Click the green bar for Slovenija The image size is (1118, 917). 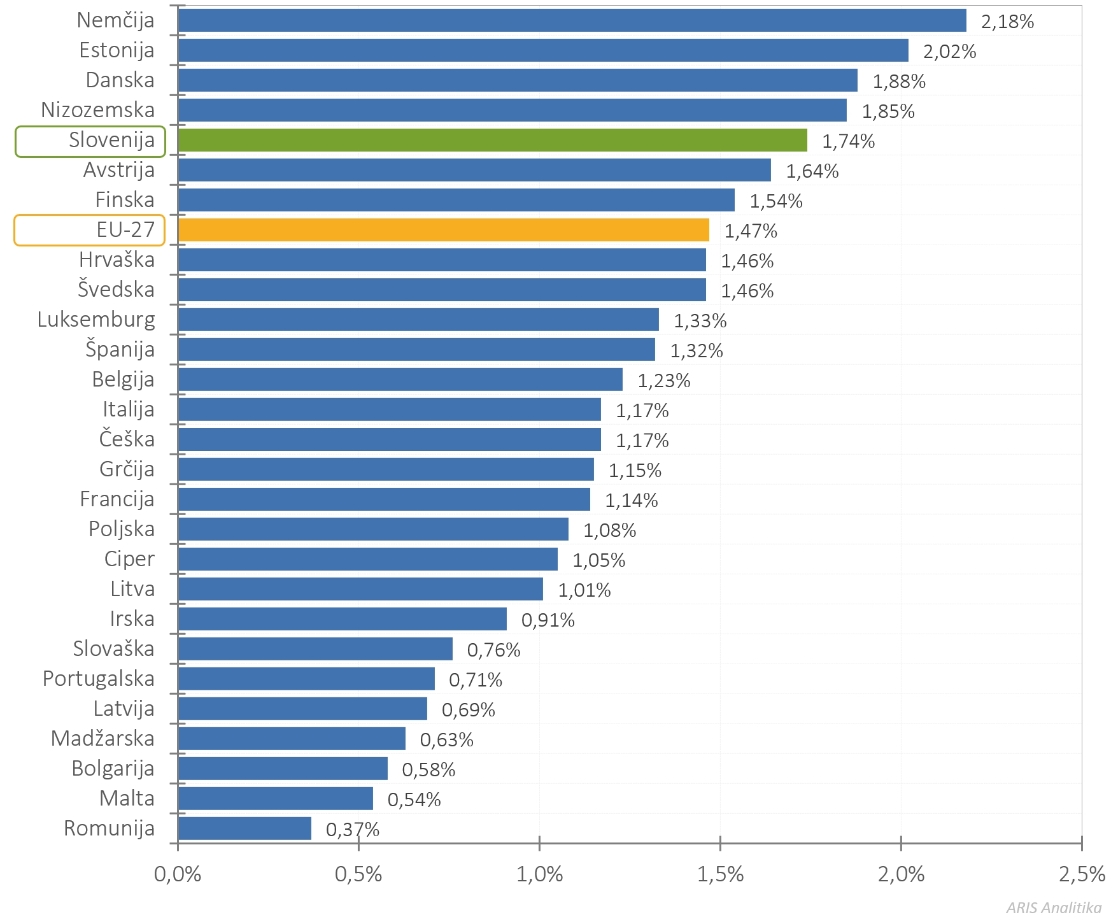coord(492,140)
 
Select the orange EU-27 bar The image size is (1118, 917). coord(443,230)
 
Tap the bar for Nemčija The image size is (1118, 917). coord(572,20)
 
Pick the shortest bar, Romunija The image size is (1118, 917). coord(244,828)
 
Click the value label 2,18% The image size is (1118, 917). coord(1007,22)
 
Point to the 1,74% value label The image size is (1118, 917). coord(848,141)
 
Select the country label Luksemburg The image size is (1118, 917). coord(96,320)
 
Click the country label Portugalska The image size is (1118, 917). coord(99,679)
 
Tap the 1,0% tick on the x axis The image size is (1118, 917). coord(539,874)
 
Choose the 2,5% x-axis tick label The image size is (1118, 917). coord(1082,874)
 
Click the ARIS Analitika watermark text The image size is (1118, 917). coord(1054,907)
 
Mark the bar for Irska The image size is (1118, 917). coord(342,619)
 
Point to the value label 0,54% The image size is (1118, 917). coord(414,800)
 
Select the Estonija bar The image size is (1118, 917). coord(543,50)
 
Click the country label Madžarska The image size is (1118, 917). coord(103,739)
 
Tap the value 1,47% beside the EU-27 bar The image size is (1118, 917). coord(751,231)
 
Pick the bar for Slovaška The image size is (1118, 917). coord(315,649)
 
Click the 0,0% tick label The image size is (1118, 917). coord(178,874)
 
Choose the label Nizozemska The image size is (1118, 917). coord(97,110)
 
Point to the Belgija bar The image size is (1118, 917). coord(400,380)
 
